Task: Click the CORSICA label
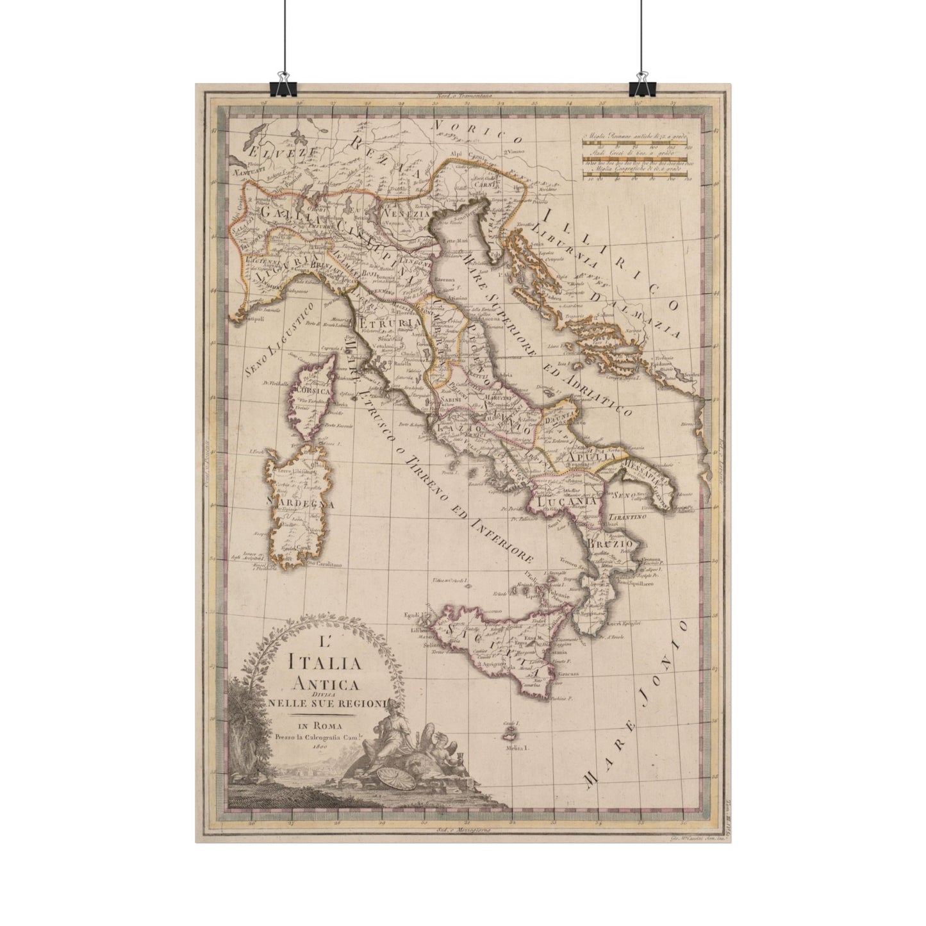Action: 309,390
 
